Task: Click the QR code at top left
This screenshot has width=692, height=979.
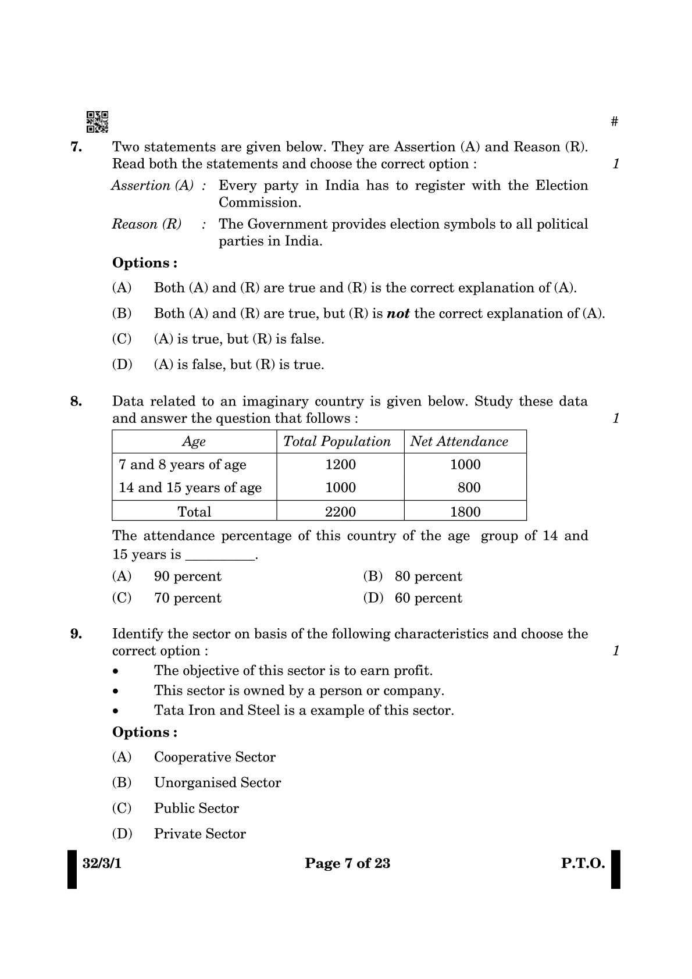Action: click(97, 122)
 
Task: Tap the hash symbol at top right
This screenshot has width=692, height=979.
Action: click(615, 122)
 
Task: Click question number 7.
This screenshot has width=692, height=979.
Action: click(76, 147)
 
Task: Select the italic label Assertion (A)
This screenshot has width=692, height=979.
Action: click(152, 186)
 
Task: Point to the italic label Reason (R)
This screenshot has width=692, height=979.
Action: click(147, 225)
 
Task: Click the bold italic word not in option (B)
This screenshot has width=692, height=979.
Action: click(398, 314)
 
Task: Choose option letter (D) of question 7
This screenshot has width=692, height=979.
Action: click(122, 365)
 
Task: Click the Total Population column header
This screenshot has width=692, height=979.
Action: click(337, 442)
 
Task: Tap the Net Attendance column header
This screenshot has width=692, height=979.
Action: click(459, 442)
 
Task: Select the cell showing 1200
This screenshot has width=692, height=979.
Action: click(340, 465)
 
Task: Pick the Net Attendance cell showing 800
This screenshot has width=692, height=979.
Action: click(469, 488)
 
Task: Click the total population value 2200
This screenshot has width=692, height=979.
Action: click(340, 512)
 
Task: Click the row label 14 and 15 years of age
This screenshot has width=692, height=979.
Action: click(190, 488)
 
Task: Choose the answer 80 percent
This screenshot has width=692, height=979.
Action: click(428, 576)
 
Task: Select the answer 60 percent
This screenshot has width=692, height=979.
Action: click(428, 598)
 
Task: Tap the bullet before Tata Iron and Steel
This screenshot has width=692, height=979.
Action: click(116, 711)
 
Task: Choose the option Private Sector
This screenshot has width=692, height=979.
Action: click(199, 834)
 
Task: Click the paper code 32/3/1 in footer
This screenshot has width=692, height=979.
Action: click(102, 864)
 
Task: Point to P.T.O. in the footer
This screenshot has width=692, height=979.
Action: click(583, 864)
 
